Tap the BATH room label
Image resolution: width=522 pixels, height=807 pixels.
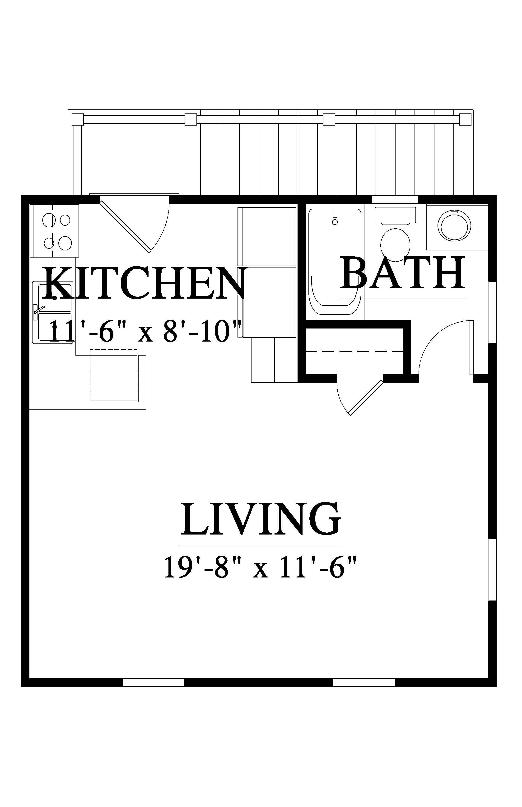403,277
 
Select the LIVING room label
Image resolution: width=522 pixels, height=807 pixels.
260,519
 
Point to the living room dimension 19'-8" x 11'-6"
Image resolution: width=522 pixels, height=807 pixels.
260,566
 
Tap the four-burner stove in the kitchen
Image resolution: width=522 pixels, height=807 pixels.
55,230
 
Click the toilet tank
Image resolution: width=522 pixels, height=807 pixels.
395,215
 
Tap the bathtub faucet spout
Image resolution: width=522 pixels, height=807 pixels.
335,211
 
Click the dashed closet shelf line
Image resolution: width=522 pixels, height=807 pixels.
354,352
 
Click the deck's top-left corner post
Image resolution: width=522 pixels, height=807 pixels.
78,119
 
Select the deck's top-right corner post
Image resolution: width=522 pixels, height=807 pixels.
465,119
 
